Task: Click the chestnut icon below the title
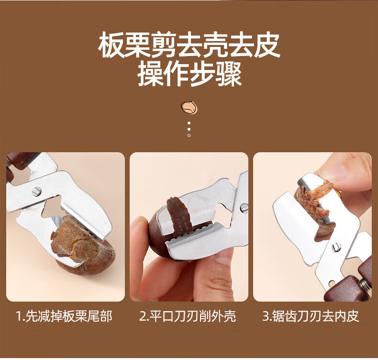pyautogui.click(x=189, y=108)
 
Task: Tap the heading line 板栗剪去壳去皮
pyautogui.click(x=189, y=45)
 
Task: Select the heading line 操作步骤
pyautogui.click(x=189, y=74)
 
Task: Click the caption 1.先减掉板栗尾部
pyautogui.click(x=64, y=316)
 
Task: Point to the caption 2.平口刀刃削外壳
pyautogui.click(x=188, y=316)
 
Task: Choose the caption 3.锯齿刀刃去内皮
pyautogui.click(x=311, y=316)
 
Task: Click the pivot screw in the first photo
pyautogui.click(x=36, y=191)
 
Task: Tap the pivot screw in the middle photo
pyautogui.click(x=244, y=208)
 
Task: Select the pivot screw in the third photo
pyautogui.click(x=336, y=247)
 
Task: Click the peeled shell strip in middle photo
pyautogui.click(x=179, y=214)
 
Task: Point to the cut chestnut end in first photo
pyautogui.click(x=75, y=240)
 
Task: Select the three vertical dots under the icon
pyautogui.click(x=189, y=129)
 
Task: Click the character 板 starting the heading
pyautogui.click(x=111, y=45)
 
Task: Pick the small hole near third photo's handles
pyautogui.click(x=332, y=282)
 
